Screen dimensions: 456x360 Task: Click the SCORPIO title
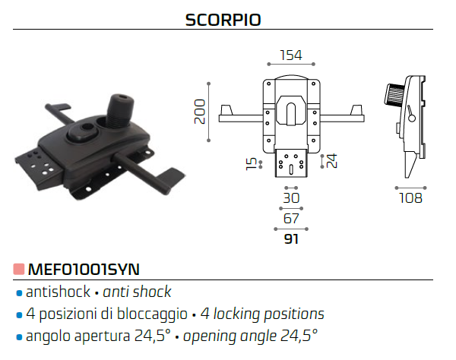[x=223, y=20]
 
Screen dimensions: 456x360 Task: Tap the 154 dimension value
[x=291, y=55]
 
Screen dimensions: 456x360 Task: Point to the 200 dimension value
[x=200, y=112]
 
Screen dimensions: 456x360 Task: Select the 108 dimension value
[x=410, y=198]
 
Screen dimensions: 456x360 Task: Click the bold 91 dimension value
[x=291, y=239]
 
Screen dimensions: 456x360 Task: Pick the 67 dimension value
[x=291, y=219]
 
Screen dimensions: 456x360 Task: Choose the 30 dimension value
[x=291, y=198]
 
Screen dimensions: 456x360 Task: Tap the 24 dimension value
[x=332, y=161]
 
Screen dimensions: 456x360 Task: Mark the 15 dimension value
[x=252, y=164]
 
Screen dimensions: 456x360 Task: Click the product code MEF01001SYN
[x=84, y=270]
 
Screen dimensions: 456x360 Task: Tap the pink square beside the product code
[x=19, y=269]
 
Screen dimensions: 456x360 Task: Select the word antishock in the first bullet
[x=59, y=292]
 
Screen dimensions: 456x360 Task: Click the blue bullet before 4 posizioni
[x=19, y=315]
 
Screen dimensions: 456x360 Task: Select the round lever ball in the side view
[x=412, y=118]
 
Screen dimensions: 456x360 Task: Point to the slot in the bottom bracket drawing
[x=291, y=169]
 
